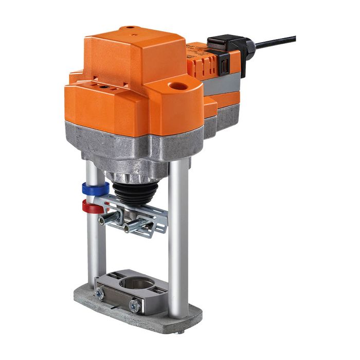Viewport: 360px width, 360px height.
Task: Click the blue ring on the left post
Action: click(94, 188)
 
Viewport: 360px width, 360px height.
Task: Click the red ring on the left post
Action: click(93, 206)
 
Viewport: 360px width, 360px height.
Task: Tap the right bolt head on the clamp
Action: click(135, 307)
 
